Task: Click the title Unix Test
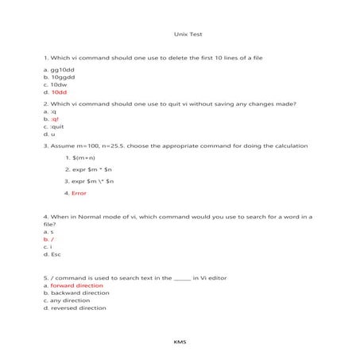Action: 184,35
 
